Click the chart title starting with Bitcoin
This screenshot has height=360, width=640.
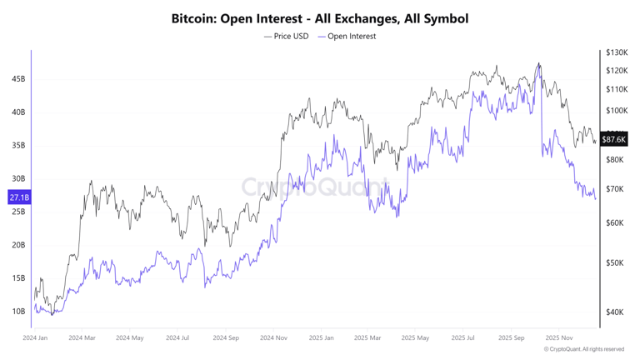[x=319, y=17]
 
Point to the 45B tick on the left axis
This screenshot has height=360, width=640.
[x=18, y=79]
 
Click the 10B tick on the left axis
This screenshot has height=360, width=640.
[x=18, y=312]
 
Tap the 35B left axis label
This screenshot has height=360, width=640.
[x=18, y=145]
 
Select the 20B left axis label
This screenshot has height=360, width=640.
[x=18, y=245]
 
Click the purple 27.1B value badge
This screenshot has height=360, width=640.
[x=18, y=197]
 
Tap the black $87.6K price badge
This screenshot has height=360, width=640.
[x=614, y=139]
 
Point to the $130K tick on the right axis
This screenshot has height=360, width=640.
[x=617, y=52]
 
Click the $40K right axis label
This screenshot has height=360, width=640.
[x=615, y=312]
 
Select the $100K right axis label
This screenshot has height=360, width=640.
[x=617, y=110]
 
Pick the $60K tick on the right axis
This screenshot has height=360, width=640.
[x=615, y=222]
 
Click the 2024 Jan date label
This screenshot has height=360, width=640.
[x=35, y=338]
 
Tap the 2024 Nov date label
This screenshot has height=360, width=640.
[x=273, y=338]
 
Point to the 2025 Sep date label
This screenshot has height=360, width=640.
[x=512, y=338]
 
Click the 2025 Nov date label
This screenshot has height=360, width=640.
[x=558, y=338]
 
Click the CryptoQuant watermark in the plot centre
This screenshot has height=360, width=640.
[x=315, y=187]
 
